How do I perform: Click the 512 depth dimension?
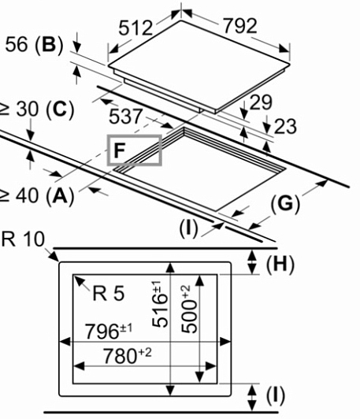point(135,28)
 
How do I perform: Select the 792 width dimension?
point(239,26)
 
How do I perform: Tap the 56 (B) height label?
point(34,44)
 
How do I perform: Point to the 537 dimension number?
point(125,117)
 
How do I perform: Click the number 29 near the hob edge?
point(261,102)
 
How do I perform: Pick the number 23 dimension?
point(285,126)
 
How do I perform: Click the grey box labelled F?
point(135,150)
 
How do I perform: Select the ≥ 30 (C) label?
point(36,109)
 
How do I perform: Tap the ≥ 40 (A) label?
point(36,196)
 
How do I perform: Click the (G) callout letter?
point(285,204)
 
